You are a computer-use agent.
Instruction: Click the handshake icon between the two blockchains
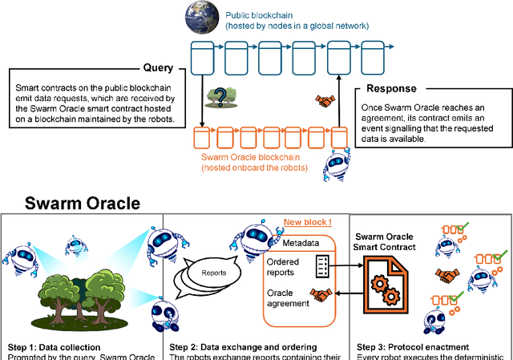[x=325, y=101]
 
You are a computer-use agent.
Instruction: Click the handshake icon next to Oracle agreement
[x=322, y=295]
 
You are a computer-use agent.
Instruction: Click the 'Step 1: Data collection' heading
[x=53, y=347]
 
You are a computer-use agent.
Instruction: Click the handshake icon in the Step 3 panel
[x=445, y=277]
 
